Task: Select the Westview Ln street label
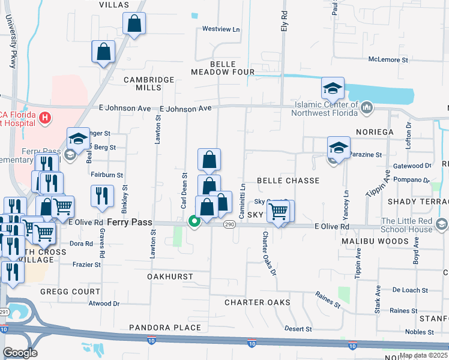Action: click(x=220, y=29)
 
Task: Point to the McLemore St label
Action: click(x=388, y=60)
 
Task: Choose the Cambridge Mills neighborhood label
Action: click(x=149, y=83)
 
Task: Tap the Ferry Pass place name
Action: click(x=130, y=222)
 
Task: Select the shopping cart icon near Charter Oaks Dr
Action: click(x=279, y=212)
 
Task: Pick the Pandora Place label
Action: click(x=165, y=328)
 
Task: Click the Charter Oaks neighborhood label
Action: click(x=258, y=302)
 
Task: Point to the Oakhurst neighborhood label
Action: click(x=170, y=277)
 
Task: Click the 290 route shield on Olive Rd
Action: click(x=230, y=224)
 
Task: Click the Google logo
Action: click(x=20, y=353)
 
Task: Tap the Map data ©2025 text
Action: click(x=423, y=355)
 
